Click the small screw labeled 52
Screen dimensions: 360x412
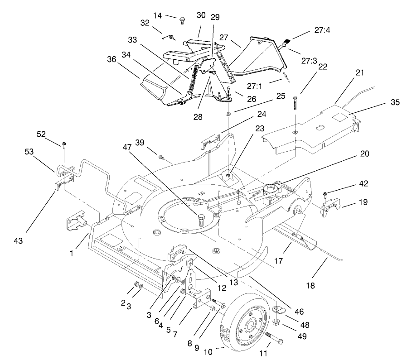(64, 145)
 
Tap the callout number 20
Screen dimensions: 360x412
(364, 154)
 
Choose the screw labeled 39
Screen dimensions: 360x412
(161, 157)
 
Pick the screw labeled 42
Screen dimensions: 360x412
(325, 195)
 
